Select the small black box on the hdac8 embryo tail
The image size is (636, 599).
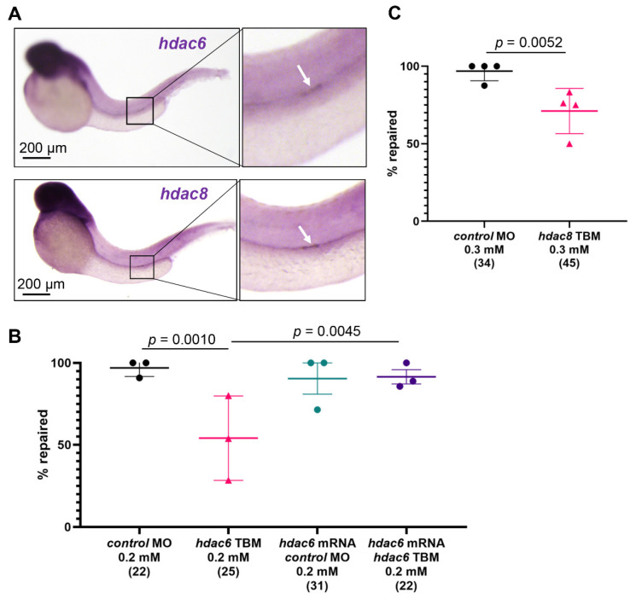[x=141, y=265]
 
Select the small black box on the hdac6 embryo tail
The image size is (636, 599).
[x=139, y=111]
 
